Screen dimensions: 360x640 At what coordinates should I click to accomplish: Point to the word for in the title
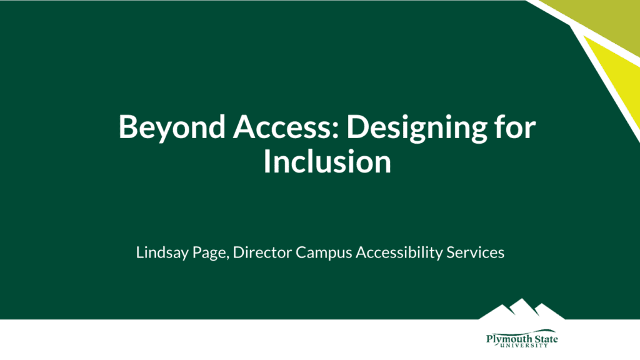[514, 127]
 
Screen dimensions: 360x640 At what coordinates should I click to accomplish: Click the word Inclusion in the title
[327, 161]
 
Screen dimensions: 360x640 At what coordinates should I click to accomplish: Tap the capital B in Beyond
[128, 127]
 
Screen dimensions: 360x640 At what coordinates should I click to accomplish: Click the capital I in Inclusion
[267, 161]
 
